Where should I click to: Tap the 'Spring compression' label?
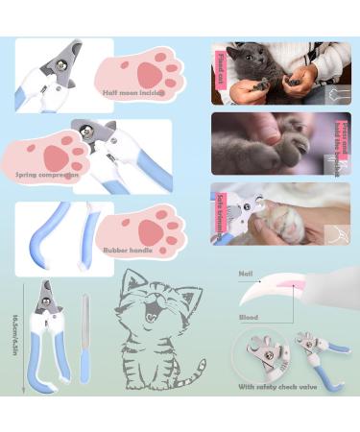click(47, 176)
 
